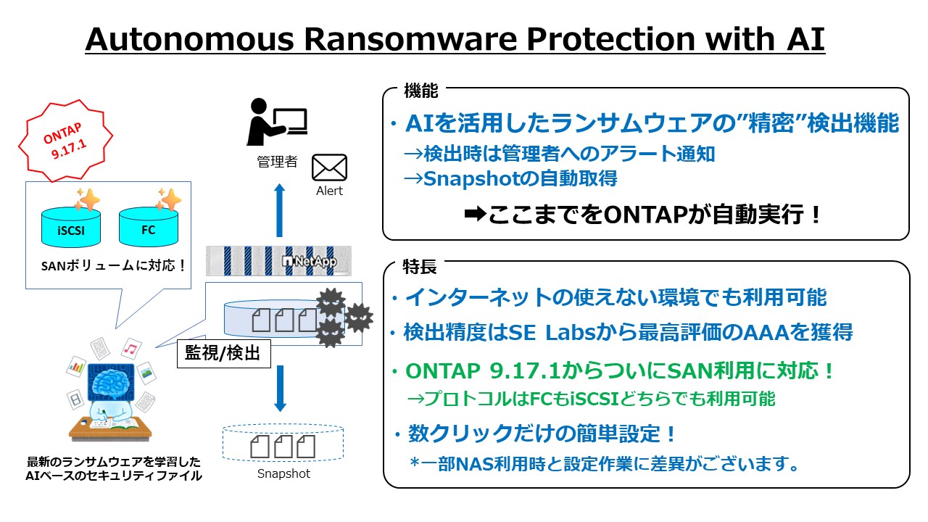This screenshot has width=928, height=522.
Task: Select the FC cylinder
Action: (149, 226)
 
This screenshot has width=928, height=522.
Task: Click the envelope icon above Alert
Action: (329, 167)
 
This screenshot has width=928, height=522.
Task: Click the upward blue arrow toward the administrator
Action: (280, 210)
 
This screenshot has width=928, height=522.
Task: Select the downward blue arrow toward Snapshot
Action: (280, 389)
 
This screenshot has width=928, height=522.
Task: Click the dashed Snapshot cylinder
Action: (283, 442)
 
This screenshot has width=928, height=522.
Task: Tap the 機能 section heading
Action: (420, 91)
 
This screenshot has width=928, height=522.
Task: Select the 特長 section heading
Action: (420, 266)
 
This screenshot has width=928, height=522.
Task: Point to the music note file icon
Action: (130, 349)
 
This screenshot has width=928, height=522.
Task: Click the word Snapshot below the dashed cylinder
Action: (283, 474)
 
